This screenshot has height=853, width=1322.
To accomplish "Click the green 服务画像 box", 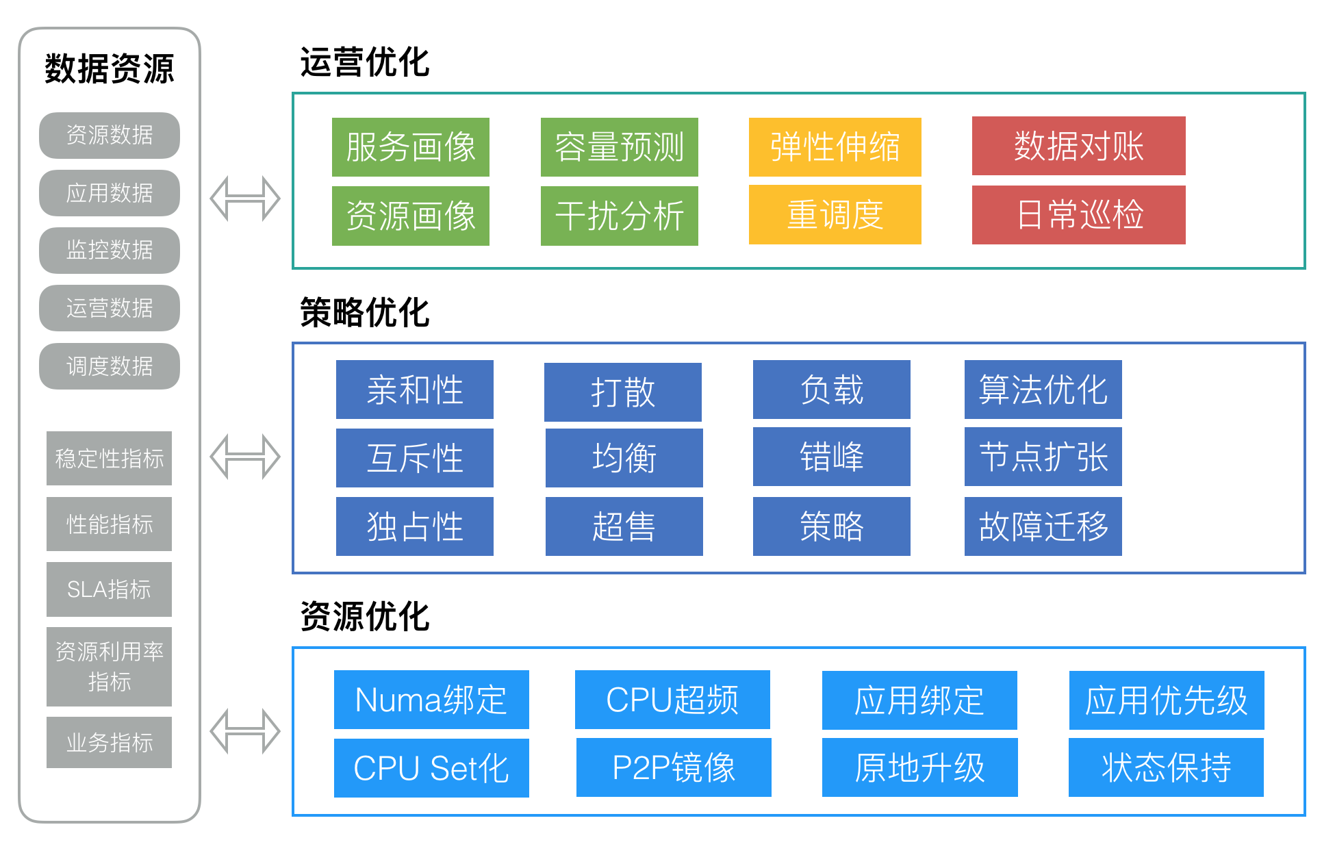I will click(x=410, y=147).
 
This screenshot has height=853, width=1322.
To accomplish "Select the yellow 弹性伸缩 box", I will click(x=835, y=147).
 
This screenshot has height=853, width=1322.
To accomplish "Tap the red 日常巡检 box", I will click(x=1078, y=215).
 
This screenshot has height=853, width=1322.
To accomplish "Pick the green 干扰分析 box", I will click(x=619, y=216).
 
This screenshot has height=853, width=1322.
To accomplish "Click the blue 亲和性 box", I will click(x=414, y=390).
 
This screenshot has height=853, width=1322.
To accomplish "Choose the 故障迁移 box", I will click(x=1043, y=526).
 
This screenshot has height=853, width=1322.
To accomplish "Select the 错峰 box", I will click(x=831, y=457).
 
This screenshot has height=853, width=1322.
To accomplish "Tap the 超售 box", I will click(x=624, y=526).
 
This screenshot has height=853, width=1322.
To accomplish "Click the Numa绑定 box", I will click(x=431, y=700).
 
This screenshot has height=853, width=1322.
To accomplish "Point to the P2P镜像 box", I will click(x=674, y=767).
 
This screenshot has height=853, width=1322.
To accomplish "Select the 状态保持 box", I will click(x=1166, y=767).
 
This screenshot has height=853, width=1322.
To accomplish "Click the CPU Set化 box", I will click(x=431, y=768).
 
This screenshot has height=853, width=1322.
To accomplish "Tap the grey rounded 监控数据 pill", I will click(x=110, y=251).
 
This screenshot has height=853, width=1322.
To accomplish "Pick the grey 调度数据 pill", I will click(x=110, y=366).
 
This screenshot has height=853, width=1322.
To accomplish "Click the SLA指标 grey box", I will click(x=109, y=589).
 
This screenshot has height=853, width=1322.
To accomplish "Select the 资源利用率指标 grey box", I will click(x=109, y=667).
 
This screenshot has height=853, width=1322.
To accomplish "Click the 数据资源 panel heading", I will click(x=110, y=69).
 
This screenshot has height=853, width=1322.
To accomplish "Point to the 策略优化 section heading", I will click(x=364, y=313).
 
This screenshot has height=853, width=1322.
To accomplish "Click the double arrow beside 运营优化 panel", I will click(x=245, y=199).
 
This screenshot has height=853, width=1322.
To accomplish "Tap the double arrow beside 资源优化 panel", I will click(x=245, y=732).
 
